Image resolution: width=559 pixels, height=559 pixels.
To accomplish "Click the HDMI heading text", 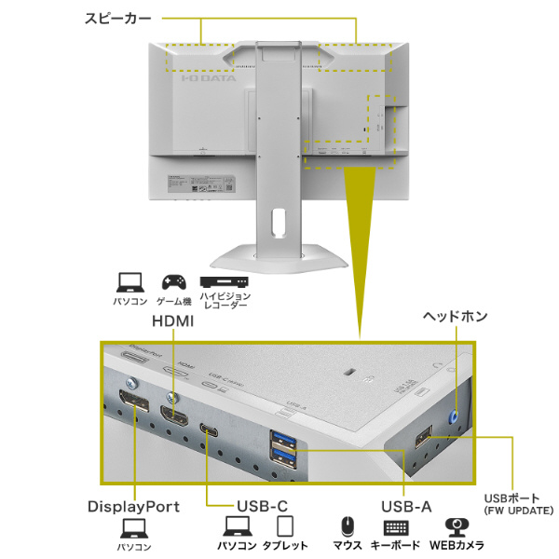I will pyautogui.click(x=172, y=321).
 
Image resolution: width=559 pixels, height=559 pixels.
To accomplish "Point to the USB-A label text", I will pyautogui.click(x=406, y=507).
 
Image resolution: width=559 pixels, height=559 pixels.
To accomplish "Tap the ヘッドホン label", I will pyautogui.click(x=455, y=317).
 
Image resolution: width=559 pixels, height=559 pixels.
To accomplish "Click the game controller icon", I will pyautogui.click(x=172, y=280).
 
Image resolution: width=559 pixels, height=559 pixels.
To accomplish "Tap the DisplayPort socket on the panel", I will pyautogui.click(x=132, y=408).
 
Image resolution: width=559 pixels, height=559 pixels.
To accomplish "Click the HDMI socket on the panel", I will pyautogui.click(x=172, y=416).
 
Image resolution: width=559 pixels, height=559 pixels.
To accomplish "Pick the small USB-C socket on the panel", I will pyautogui.click(x=209, y=430).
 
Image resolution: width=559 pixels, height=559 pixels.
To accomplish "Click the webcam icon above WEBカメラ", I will pyautogui.click(x=456, y=526).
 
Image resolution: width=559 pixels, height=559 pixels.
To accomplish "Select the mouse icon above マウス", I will pyautogui.click(x=348, y=526).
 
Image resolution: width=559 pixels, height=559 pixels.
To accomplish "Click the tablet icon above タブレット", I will pyautogui.click(x=285, y=526).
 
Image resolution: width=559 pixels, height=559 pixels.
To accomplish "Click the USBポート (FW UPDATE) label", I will pyautogui.click(x=518, y=504).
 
